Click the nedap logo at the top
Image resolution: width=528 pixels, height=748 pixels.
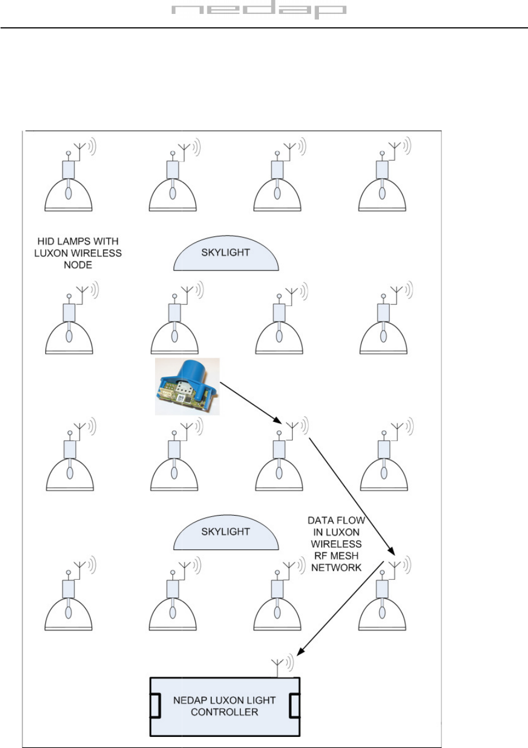pyautogui.click(x=258, y=11)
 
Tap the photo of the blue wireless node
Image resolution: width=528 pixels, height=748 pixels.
pyautogui.click(x=187, y=386)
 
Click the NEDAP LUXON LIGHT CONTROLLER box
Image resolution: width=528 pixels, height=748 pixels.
pyautogui.click(x=224, y=706)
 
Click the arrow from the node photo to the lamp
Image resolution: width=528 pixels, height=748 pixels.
pyautogui.click(x=249, y=402)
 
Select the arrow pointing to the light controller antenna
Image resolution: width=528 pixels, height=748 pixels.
pyautogui.click(x=341, y=609)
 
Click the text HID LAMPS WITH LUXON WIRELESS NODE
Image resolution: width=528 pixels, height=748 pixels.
pyautogui.click(x=79, y=253)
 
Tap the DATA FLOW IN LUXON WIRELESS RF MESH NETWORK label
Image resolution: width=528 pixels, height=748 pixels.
pyautogui.click(x=336, y=544)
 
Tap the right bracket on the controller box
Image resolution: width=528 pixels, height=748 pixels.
pyautogui.click(x=294, y=706)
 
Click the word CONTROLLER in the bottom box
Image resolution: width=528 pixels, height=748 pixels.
pyautogui.click(x=224, y=712)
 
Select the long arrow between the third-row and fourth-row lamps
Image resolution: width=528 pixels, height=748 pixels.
pyautogui.click(x=352, y=495)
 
